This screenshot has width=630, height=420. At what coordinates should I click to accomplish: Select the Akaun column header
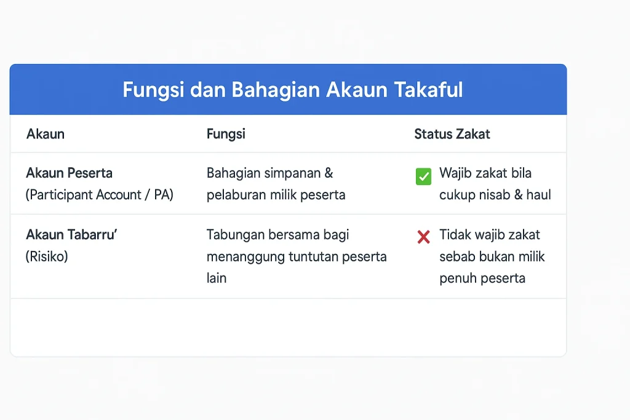pyautogui.click(x=46, y=134)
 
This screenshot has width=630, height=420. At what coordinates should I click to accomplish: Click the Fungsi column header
pyautogui.click(x=226, y=134)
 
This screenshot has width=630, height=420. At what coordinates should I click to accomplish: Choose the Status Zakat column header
pyautogui.click(x=452, y=134)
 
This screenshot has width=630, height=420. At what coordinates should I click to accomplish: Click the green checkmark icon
pyautogui.click(x=424, y=177)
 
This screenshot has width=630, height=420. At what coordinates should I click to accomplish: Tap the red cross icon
pyautogui.click(x=423, y=237)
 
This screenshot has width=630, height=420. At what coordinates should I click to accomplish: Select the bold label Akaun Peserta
pyautogui.click(x=69, y=173)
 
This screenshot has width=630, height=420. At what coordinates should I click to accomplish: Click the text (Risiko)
pyautogui.click(x=47, y=256)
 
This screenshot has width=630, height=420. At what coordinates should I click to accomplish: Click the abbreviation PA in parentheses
pyautogui.click(x=162, y=195)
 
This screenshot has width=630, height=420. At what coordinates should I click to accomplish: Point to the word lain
pyautogui.click(x=217, y=278)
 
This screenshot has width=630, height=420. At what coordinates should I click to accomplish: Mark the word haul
pyautogui.click(x=539, y=195)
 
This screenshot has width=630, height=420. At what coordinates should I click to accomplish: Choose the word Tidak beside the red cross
pyautogui.click(x=455, y=235)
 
